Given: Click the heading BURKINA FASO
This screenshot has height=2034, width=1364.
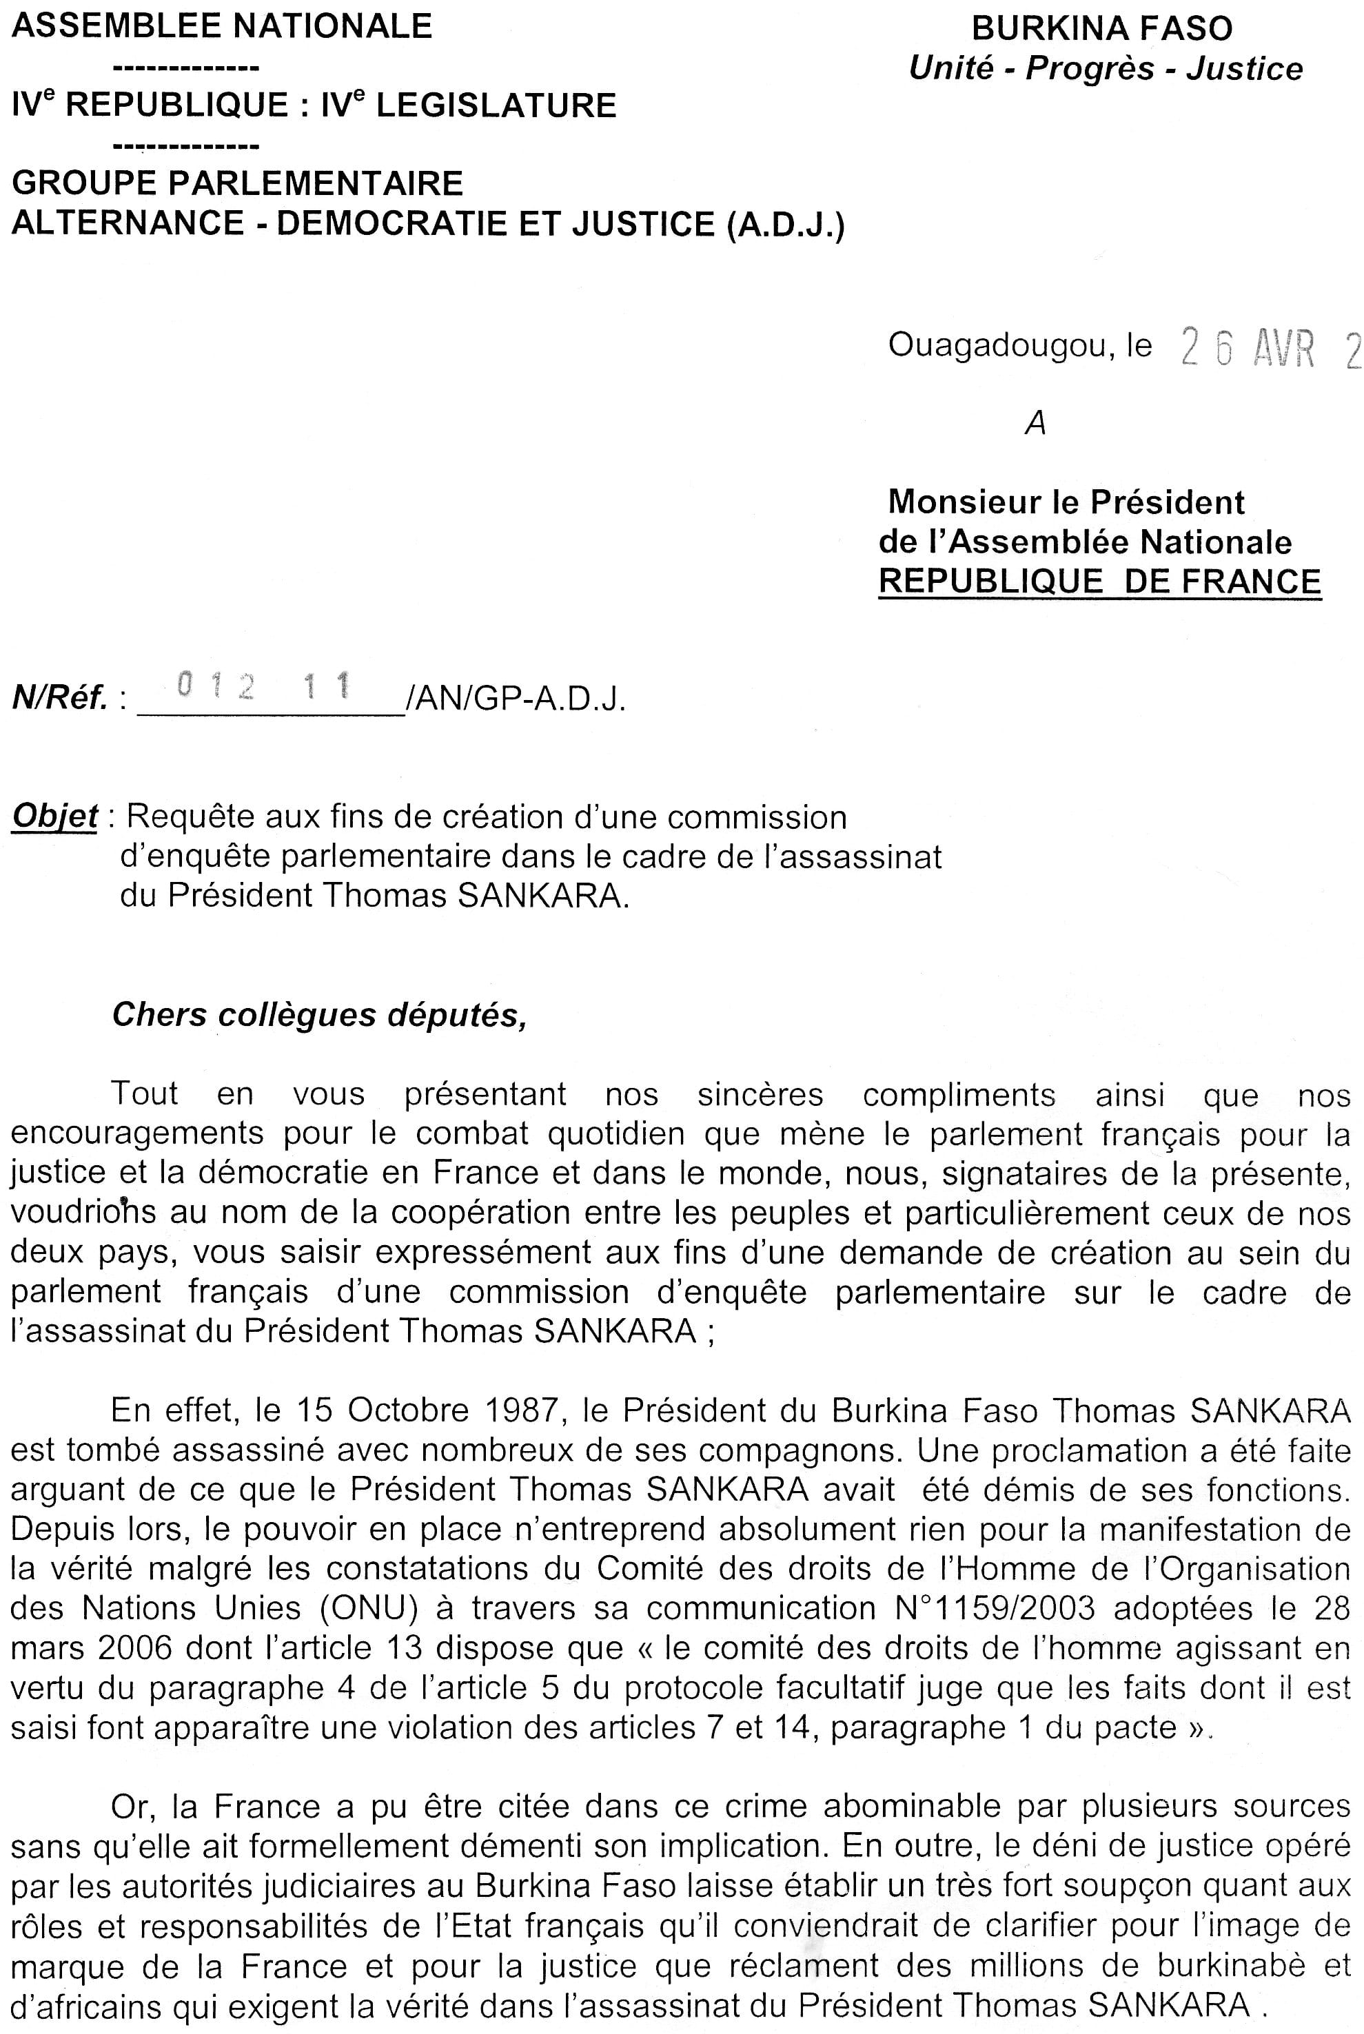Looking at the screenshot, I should coord(1101,29).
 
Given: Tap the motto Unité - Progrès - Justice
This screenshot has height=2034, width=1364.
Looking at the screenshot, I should coord(1105,69).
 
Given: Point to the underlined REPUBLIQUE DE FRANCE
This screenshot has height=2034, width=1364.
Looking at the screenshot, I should coord(1099,581).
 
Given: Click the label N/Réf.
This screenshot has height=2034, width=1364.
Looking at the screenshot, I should coord(59,698).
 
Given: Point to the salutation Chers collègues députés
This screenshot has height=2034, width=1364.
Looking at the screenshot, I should coord(319,1016).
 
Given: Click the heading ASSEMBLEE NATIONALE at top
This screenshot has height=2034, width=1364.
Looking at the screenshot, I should coord(222,26).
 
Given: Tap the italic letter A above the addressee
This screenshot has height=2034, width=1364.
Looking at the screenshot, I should coord(1035,424).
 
